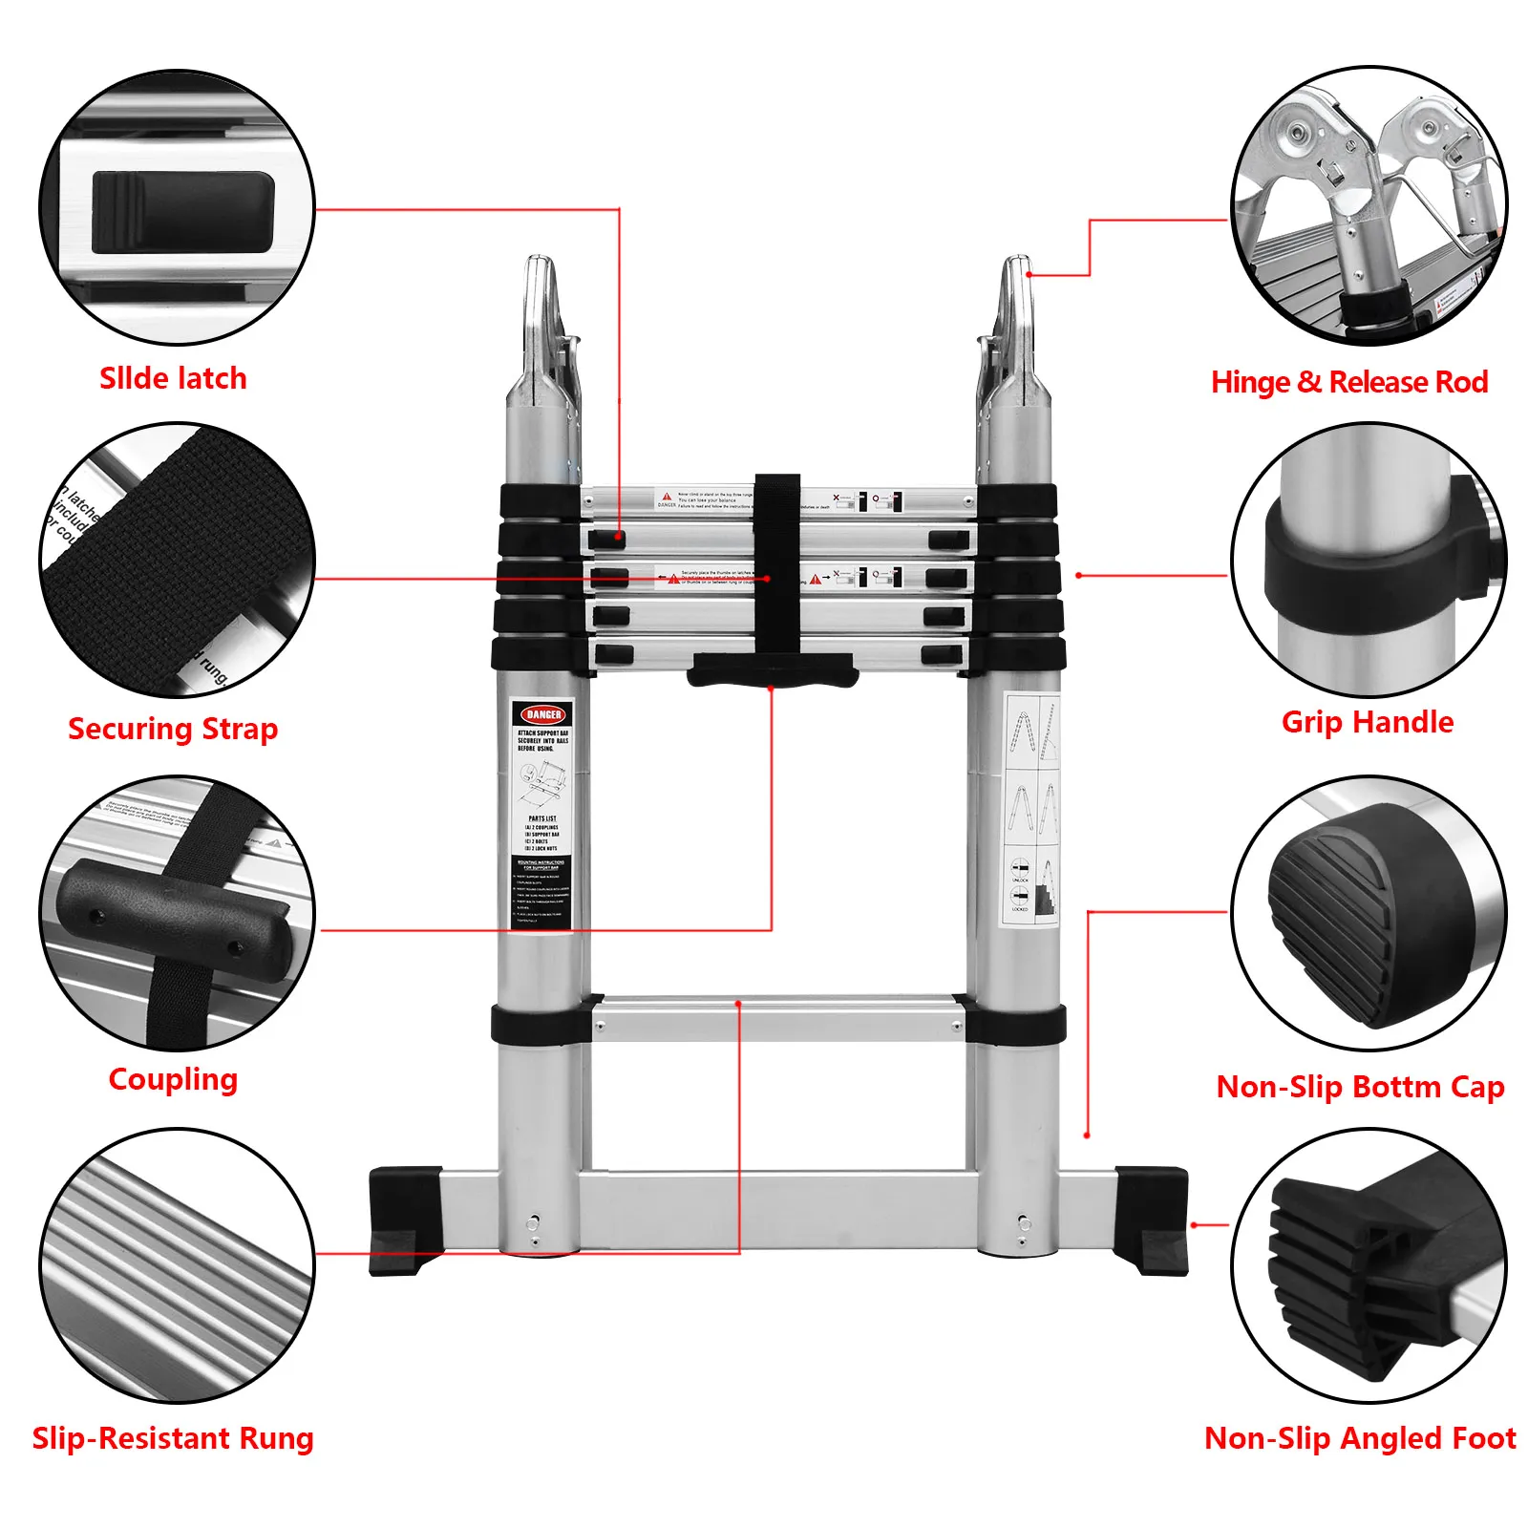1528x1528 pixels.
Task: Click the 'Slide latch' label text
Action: (173, 378)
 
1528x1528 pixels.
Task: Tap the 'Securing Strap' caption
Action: (173, 729)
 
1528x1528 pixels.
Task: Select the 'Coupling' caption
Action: (173, 1079)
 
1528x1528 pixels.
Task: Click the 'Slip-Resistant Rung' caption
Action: (173, 1437)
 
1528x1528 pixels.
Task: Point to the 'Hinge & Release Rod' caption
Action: (1348, 382)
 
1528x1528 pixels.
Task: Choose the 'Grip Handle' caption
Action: (1367, 722)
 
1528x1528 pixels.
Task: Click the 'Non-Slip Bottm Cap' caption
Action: (1360, 1087)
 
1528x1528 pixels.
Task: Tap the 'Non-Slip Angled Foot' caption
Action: (1360, 1437)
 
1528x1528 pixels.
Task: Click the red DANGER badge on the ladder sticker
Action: (542, 714)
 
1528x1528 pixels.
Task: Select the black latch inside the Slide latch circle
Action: (182, 212)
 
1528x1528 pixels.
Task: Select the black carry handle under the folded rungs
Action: (772, 669)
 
